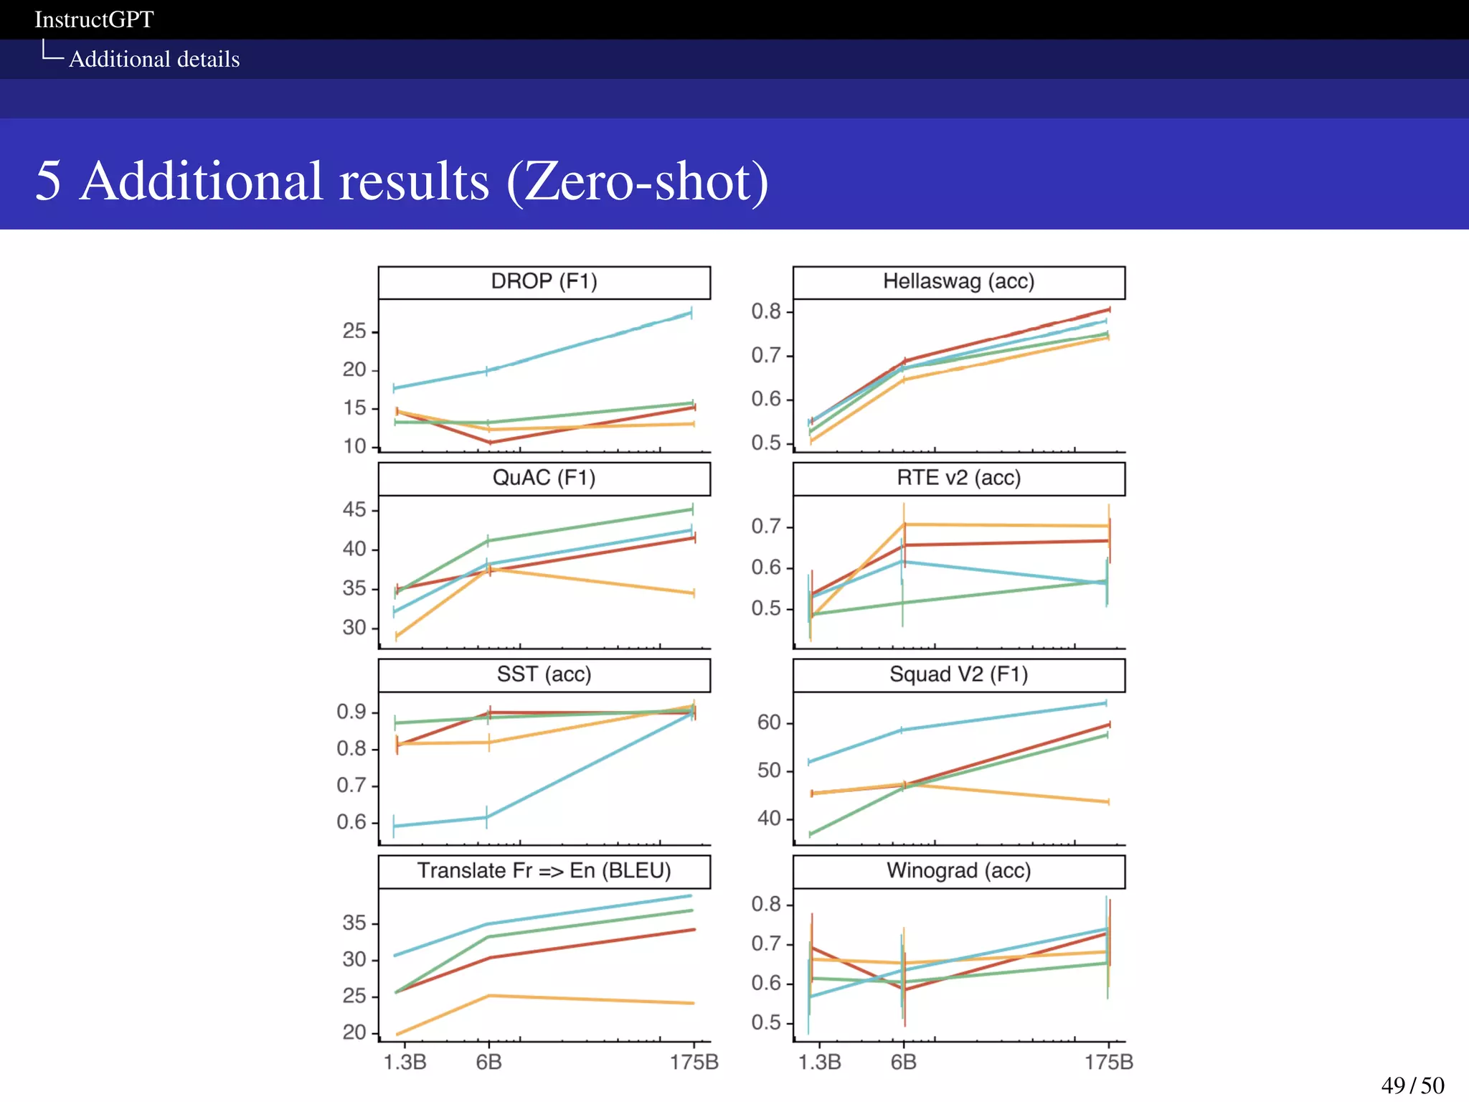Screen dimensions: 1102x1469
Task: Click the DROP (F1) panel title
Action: (544, 281)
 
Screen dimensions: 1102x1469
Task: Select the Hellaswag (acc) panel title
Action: (958, 281)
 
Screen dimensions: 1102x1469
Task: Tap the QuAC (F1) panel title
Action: (544, 478)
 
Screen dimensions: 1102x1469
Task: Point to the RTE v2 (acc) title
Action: (958, 478)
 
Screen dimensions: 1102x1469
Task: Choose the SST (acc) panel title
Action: (544, 674)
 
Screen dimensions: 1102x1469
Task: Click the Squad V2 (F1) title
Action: (958, 674)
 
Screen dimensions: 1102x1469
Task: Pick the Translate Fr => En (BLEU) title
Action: (544, 871)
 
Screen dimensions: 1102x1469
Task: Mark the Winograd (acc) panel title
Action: (958, 871)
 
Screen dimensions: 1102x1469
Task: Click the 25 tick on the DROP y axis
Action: (354, 331)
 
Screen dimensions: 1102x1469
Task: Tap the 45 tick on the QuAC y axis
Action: (354, 510)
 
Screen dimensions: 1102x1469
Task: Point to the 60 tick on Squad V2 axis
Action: (769, 722)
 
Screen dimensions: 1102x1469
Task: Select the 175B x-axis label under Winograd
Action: (1108, 1062)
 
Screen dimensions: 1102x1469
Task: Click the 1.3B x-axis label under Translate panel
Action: (405, 1062)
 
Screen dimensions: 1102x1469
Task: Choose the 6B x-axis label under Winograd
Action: (903, 1062)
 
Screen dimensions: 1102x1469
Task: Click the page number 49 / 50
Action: (1412, 1085)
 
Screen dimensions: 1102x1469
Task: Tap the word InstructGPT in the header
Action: (94, 19)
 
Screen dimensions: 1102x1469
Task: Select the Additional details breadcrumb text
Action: (154, 59)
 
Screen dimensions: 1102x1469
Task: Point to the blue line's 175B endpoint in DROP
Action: (691, 313)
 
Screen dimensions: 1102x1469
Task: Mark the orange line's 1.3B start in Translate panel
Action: (397, 1034)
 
